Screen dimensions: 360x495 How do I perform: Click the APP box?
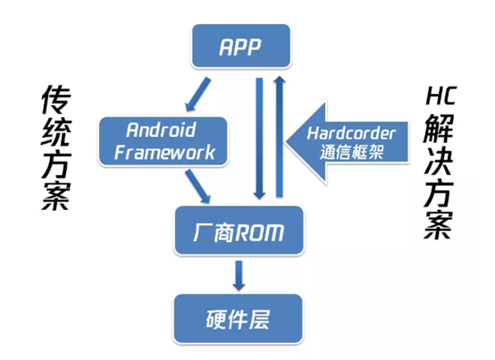pos(241,46)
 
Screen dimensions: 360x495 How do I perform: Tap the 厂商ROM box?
pos(239,233)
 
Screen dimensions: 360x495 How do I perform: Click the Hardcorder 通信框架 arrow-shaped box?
pos(348,141)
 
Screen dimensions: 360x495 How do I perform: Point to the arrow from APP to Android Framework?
pos(196,92)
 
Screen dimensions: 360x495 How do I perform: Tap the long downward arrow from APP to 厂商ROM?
pos(258,138)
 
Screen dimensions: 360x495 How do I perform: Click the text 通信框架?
pos(351,151)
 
